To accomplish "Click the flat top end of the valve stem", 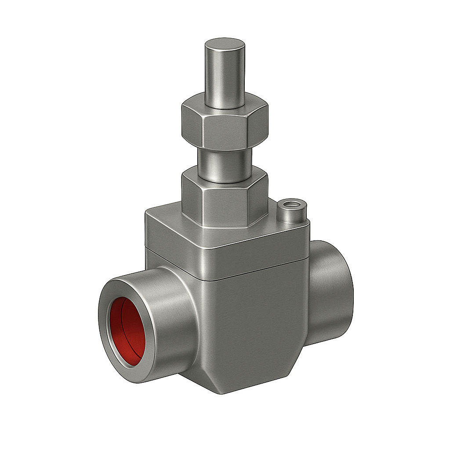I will [x=225, y=45].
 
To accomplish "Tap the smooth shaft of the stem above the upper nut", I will [x=225, y=79].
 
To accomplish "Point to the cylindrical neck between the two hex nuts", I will [x=224, y=165].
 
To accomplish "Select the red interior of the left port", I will [x=127, y=330].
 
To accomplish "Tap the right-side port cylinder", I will [x=330, y=286].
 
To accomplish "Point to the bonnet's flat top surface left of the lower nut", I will [x=165, y=215].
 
